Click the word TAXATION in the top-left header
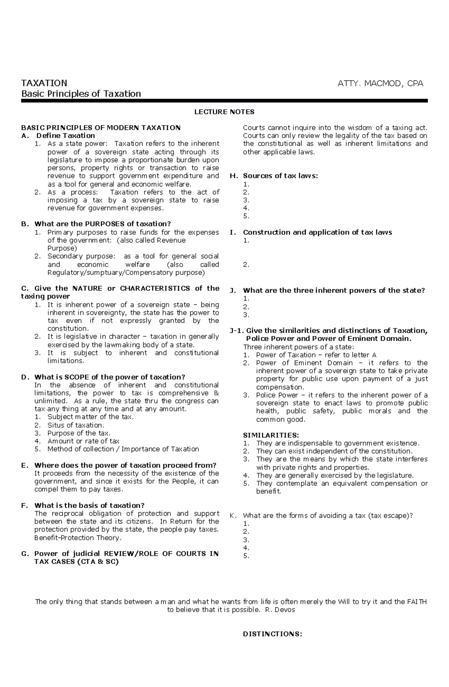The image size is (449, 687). (44, 83)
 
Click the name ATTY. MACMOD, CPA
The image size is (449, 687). (380, 83)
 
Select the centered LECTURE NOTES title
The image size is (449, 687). (224, 112)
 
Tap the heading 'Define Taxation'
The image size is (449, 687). (65, 136)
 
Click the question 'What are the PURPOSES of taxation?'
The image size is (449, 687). (102, 224)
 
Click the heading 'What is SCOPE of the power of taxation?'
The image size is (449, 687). (110, 377)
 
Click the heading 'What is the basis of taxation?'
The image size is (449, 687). (89, 505)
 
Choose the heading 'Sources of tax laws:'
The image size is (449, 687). (280, 176)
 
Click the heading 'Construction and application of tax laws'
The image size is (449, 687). (317, 232)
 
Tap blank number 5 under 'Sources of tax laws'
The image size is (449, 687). (246, 216)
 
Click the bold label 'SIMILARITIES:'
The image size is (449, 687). (271, 435)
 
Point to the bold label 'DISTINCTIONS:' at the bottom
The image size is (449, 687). (272, 634)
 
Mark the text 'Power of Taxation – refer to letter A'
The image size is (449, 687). (316, 355)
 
